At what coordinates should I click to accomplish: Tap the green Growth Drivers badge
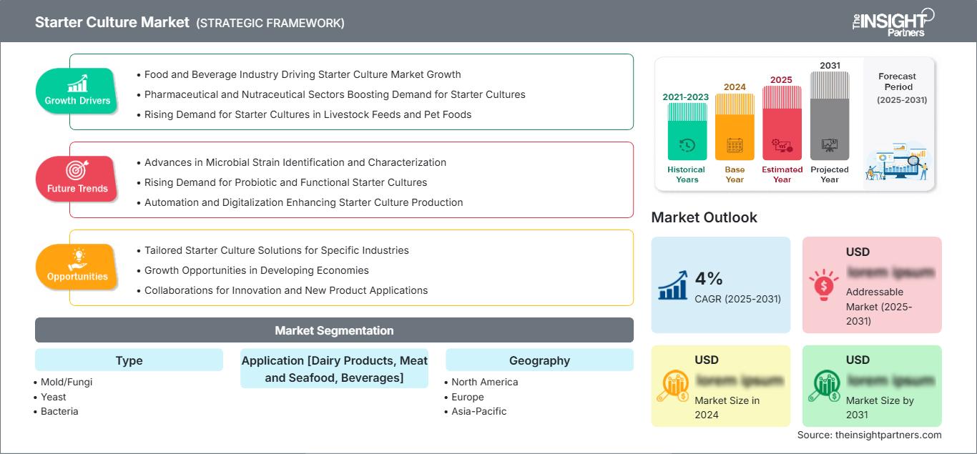[77, 91]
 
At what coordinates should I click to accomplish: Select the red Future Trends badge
[77, 179]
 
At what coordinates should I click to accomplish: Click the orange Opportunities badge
[77, 267]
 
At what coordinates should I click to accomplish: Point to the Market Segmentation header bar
[334, 330]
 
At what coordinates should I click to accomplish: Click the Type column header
[129, 360]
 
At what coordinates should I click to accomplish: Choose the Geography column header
[539, 360]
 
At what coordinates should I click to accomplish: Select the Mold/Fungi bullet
[67, 382]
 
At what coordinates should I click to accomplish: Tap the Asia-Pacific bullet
[478, 411]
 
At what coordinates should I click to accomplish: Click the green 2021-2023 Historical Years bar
[687, 132]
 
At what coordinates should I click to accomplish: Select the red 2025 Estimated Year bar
[782, 122]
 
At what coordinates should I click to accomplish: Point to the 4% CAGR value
[710, 279]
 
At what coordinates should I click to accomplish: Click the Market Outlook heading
[704, 217]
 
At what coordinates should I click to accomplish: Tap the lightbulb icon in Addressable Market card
[823, 284]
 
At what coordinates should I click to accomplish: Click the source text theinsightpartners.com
[870, 435]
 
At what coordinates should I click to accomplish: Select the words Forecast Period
[897, 81]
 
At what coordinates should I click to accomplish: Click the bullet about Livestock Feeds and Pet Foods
[308, 114]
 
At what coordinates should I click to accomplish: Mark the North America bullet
[484, 382]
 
